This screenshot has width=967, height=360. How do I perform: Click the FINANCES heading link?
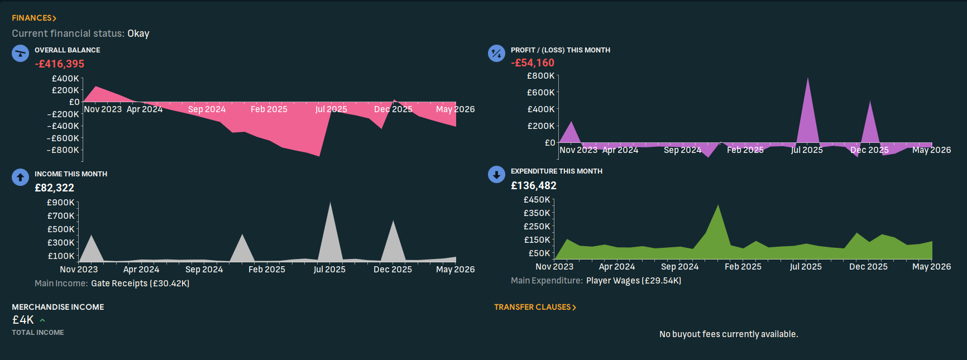tap(33, 18)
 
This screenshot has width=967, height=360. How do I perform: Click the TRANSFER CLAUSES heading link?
tap(534, 307)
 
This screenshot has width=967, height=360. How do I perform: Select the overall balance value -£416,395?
tap(60, 64)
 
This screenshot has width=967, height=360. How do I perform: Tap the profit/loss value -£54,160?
tap(533, 63)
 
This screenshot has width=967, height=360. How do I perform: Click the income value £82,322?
tap(54, 188)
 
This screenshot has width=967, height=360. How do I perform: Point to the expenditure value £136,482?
tap(533, 186)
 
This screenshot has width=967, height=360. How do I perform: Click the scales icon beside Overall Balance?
tap(20, 54)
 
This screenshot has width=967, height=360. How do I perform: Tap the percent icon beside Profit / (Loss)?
tap(496, 54)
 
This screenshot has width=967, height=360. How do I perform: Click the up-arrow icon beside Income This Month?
tap(20, 177)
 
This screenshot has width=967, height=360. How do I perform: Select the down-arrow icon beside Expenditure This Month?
tap(496, 175)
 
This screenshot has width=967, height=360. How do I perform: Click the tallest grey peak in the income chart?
tap(330, 204)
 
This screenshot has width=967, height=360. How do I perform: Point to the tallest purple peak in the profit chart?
tap(808, 79)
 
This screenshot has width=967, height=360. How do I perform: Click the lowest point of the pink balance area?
tap(319, 155)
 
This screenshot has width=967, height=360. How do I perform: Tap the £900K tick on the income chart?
tap(61, 203)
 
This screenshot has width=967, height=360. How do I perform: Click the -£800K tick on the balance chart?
tap(63, 150)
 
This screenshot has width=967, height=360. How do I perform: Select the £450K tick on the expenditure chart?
tap(537, 200)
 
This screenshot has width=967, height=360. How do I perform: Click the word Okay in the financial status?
tap(138, 33)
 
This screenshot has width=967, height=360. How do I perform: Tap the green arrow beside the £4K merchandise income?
tap(42, 320)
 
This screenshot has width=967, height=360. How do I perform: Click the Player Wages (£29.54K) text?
tap(633, 281)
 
